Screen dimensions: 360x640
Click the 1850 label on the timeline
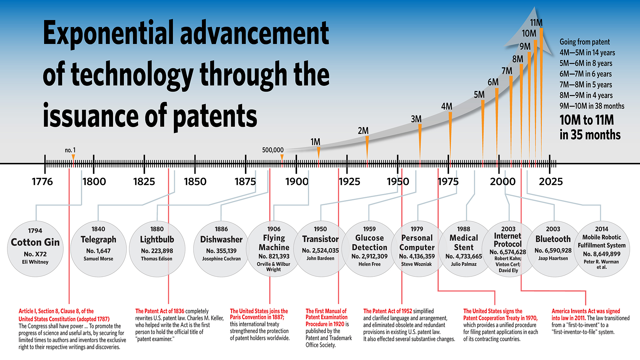coord(195,182)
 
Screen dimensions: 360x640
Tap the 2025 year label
coord(550,182)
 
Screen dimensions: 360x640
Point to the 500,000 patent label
coord(273,150)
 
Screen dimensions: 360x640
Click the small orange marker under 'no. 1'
coord(73,157)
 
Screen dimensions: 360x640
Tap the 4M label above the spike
coord(446,107)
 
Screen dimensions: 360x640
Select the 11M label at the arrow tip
coord(536,23)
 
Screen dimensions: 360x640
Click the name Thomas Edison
coord(156,259)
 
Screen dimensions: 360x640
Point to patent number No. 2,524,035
coord(320,251)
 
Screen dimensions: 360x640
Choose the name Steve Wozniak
coord(416,264)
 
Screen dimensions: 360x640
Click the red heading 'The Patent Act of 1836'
coord(160,311)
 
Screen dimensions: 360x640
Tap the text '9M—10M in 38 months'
coord(592,106)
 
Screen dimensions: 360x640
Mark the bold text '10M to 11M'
coord(587,120)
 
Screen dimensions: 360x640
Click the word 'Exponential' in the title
coord(109,34)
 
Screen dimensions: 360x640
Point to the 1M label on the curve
coord(315,142)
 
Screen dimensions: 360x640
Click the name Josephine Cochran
coord(221,259)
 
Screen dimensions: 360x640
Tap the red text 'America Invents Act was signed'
coord(586,311)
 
